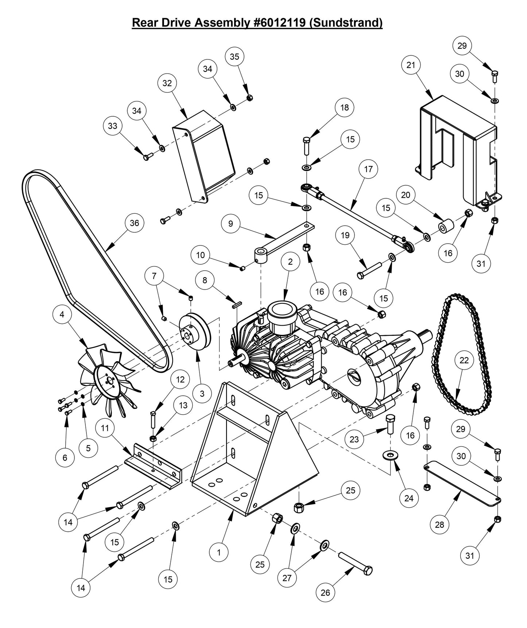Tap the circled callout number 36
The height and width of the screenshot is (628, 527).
coord(134,223)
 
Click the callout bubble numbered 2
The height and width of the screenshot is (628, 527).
coord(290,261)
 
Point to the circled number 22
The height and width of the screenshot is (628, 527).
coord(464,360)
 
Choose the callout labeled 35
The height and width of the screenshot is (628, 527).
coord(235,57)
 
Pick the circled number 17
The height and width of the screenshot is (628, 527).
coord(368,169)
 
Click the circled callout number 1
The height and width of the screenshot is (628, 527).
coord(219,552)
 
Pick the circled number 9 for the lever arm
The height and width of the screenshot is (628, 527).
coord(230,223)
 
